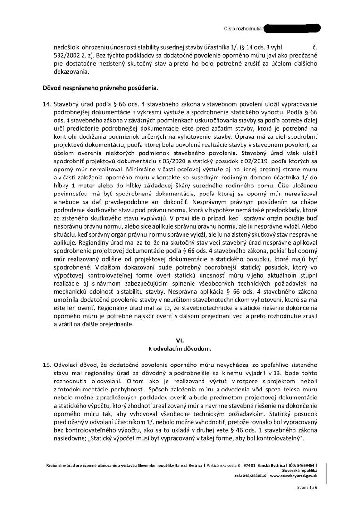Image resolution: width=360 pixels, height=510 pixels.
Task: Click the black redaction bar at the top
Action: (293, 29)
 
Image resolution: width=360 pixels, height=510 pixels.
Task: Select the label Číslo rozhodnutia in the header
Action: (243, 29)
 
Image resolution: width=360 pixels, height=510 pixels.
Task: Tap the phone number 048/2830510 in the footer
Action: (254, 476)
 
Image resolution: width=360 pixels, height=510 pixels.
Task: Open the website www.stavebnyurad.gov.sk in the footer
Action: (294, 476)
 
